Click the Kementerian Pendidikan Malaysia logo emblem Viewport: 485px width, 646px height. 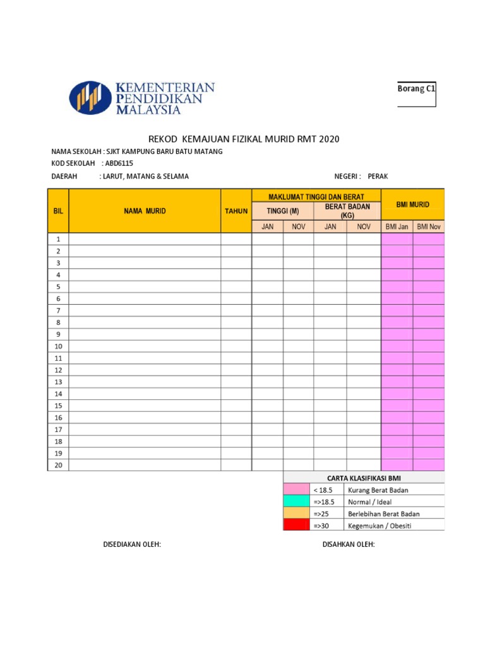tap(90, 98)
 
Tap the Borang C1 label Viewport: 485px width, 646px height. tap(416, 89)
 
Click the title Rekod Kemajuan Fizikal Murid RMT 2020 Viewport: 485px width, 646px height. tap(243, 139)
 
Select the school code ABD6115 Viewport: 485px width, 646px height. tap(119, 163)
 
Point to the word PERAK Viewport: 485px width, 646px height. tap(378, 176)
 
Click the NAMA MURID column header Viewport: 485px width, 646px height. tap(145, 211)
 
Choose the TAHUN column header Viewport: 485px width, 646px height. tap(236, 211)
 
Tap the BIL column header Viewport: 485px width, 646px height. tap(58, 211)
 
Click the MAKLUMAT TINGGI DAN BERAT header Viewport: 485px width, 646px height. tap(316, 196)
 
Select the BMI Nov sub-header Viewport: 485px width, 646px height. tap(429, 226)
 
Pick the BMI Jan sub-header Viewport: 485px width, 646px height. tap(397, 226)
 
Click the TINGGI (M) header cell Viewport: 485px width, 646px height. tap(283, 211)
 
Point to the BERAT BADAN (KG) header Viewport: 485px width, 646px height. tap(347, 211)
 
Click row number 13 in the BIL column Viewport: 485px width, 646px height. tap(58, 382)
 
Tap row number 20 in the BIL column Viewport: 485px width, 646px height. tap(58, 465)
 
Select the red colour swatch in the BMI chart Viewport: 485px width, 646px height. tap(296, 525)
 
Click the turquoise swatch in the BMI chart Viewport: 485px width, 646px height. tap(296, 502)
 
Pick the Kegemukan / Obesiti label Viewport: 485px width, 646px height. tap(379, 526)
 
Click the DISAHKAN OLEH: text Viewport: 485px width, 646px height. tap(349, 544)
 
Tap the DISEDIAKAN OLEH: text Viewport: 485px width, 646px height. tap(132, 544)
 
